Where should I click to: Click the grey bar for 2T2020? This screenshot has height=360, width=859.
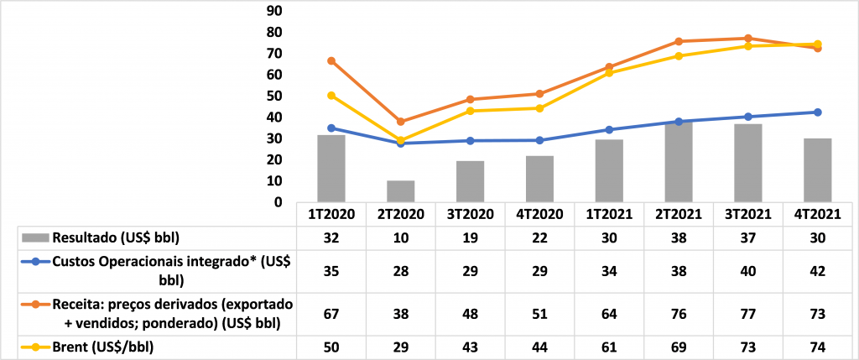pos(401,191)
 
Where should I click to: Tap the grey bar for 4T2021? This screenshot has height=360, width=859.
pos(817,170)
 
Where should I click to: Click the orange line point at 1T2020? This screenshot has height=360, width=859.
pos(331,61)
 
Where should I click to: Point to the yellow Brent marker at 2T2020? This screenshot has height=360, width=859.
pos(401,140)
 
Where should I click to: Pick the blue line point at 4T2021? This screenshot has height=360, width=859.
pos(817,112)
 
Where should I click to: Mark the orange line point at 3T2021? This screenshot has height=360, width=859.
pos(747,39)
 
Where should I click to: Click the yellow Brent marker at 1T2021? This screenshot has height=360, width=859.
pos(609,73)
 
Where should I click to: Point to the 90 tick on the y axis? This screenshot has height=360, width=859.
pos(273,11)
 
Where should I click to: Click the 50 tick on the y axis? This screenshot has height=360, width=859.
pos(273,96)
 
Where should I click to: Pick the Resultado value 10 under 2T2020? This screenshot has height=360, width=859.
pos(401,237)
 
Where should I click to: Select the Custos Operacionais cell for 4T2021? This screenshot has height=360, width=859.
pos(817,271)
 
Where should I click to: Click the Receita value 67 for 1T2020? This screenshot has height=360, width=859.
pos(331,312)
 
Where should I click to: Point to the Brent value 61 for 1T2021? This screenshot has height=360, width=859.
pos(609,346)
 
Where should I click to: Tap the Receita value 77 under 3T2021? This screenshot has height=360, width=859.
pos(747,312)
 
